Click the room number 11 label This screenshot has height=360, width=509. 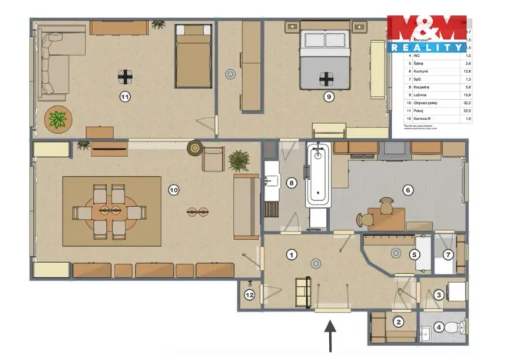[125, 96]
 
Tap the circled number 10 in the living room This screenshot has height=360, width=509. [174, 189]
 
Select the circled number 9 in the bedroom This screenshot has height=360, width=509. [328, 97]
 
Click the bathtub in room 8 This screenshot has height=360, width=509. [318, 177]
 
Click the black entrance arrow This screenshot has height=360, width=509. [331, 336]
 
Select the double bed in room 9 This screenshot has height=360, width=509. [328, 58]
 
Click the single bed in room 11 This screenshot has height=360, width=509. [193, 56]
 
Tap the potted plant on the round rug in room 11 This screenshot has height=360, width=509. [58, 119]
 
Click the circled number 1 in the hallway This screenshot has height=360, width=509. [291, 253]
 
